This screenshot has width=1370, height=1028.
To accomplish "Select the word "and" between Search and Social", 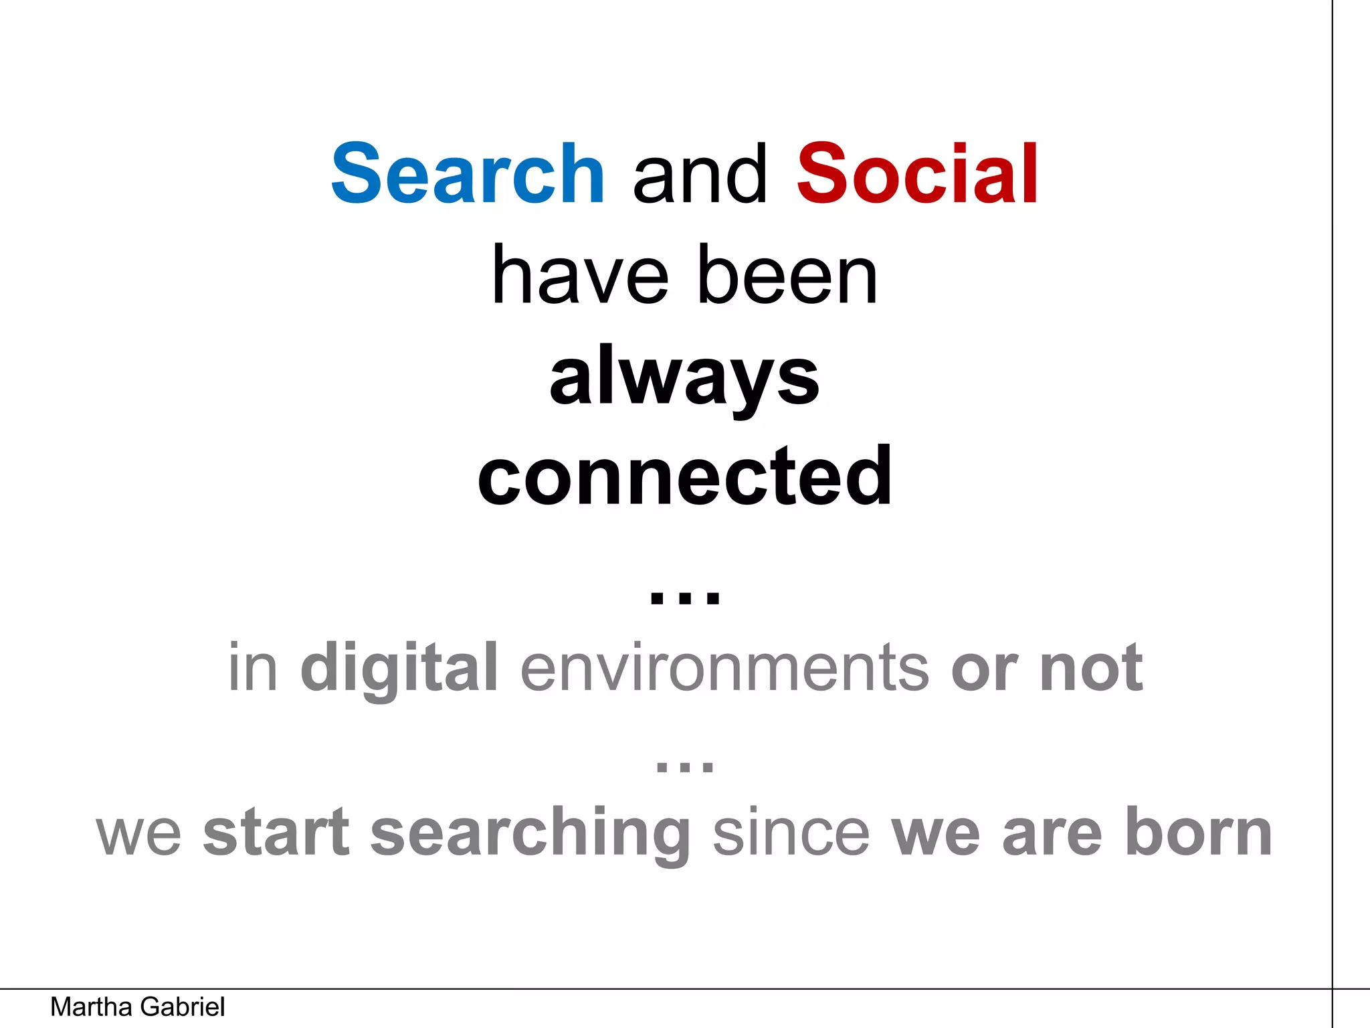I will (700, 175).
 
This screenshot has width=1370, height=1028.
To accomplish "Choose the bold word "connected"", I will (684, 477).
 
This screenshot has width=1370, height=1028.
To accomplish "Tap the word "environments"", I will (724, 667).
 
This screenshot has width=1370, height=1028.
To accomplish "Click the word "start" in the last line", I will (276, 833).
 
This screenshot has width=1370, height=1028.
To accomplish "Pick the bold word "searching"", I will (530, 834).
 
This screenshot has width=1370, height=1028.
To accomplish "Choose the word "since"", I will (791, 833).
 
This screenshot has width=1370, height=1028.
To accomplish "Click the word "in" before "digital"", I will (252, 667).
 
